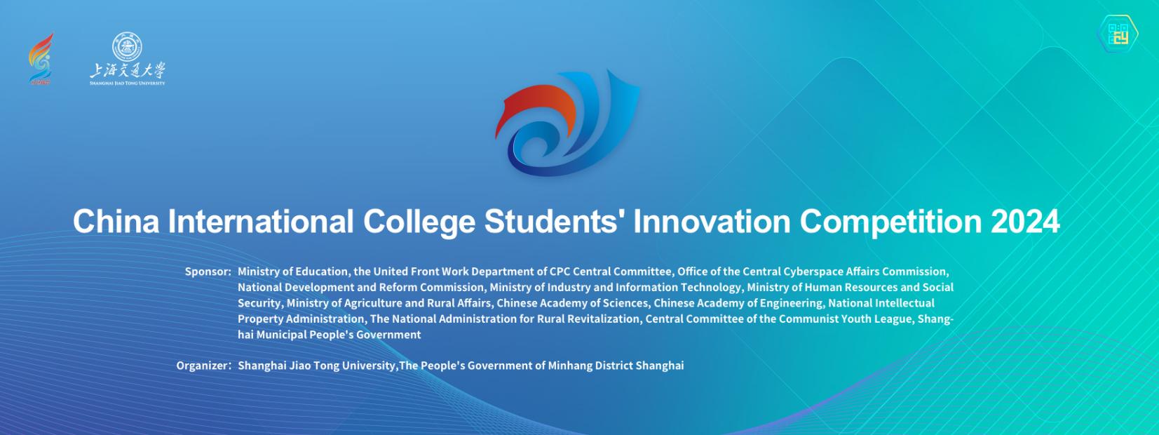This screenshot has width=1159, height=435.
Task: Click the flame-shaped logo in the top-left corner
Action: pyautogui.click(x=41, y=58)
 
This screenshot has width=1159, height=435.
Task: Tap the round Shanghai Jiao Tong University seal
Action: pyautogui.click(x=127, y=46)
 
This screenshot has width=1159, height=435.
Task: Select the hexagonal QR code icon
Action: pyautogui.click(x=1118, y=34)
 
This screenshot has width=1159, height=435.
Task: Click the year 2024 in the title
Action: pyautogui.click(x=1025, y=222)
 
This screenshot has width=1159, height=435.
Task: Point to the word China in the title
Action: pyautogui.click(x=116, y=222)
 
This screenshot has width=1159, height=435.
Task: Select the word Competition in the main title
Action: pyautogui.click(x=890, y=222)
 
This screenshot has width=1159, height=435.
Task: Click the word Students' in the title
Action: pyautogui.click(x=555, y=222)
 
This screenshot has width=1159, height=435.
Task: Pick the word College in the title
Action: pyautogui.click(x=419, y=222)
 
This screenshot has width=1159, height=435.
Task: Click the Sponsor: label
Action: pyautogui.click(x=208, y=272)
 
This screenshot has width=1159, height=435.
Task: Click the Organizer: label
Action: pyautogui.click(x=204, y=366)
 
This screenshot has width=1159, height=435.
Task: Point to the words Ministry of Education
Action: pyautogui.click(x=293, y=272)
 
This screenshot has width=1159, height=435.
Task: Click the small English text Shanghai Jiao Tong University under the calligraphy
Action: pyautogui.click(x=128, y=83)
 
